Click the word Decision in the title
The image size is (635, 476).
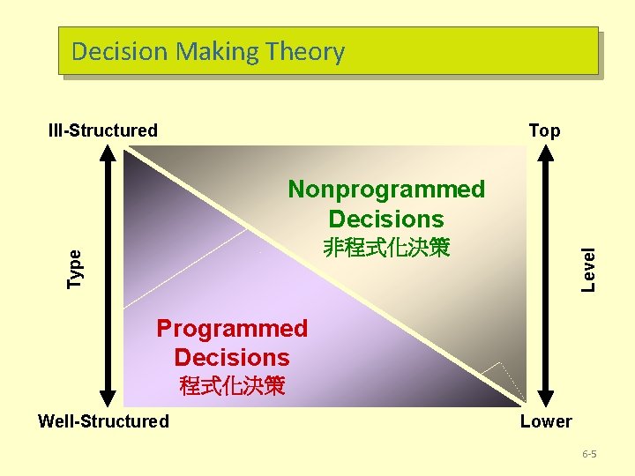[120, 51]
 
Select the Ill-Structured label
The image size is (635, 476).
[103, 131]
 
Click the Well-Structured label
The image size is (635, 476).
[103, 421]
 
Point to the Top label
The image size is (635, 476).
[544, 131]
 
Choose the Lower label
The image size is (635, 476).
[545, 421]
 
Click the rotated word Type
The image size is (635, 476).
[76, 268]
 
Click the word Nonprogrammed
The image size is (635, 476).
[386, 190]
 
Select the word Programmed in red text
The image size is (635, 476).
[232, 329]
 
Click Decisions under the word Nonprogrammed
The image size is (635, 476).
[386, 219]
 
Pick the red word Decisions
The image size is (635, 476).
[232, 358]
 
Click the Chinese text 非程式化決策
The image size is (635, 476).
[386, 249]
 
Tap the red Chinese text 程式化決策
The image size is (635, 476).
[232, 386]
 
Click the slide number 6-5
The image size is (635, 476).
[589, 454]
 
